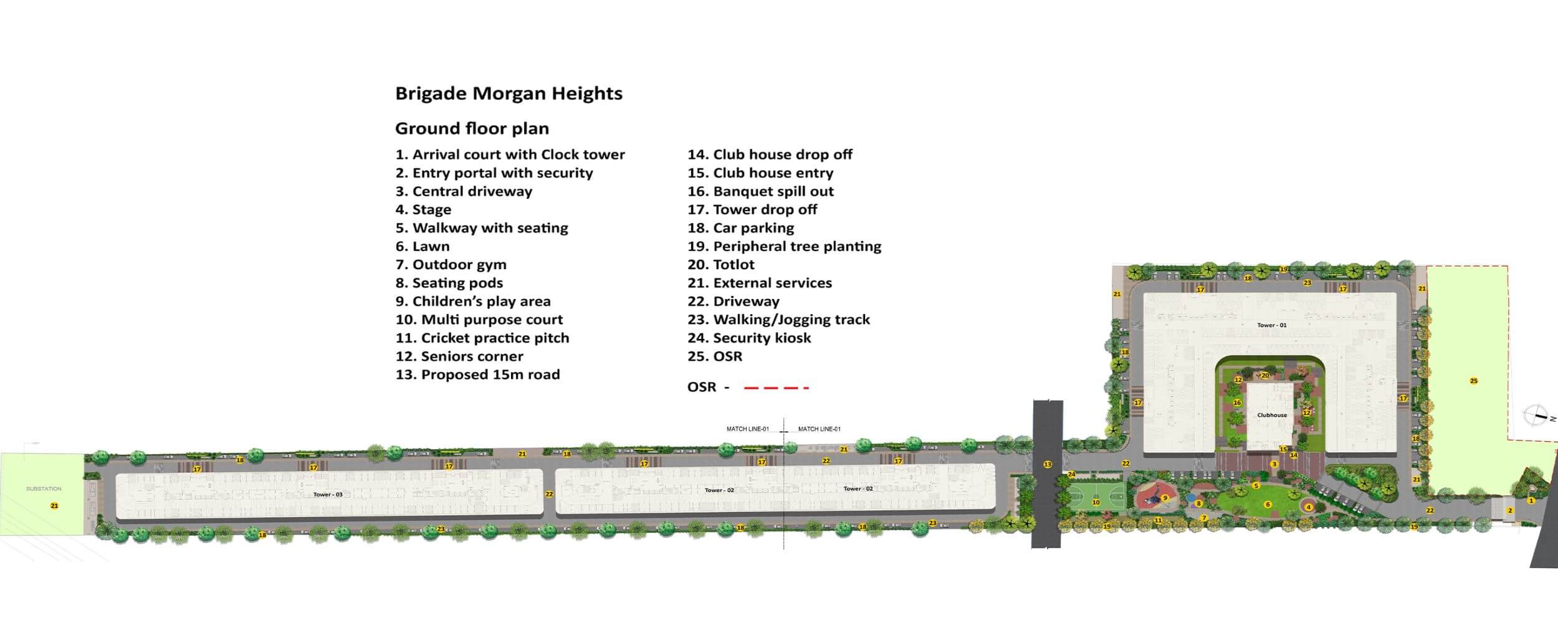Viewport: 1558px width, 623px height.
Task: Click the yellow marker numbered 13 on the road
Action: pyautogui.click(x=1048, y=464)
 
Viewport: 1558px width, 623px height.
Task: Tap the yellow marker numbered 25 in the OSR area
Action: pyautogui.click(x=1473, y=381)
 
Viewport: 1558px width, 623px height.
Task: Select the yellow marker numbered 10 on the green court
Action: pyautogui.click(x=1096, y=502)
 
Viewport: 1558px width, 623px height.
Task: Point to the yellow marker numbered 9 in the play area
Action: pyautogui.click(x=1165, y=498)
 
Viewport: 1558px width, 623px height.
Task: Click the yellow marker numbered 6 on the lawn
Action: pyautogui.click(x=1268, y=505)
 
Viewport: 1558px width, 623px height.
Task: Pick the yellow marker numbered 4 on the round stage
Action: pyautogui.click(x=1309, y=507)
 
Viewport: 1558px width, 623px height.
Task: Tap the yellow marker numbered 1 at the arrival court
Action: pyautogui.click(x=1531, y=500)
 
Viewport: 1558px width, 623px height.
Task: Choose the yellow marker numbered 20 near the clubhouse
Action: pyautogui.click(x=1265, y=376)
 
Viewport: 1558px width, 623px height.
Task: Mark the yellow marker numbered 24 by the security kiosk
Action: pyautogui.click(x=1072, y=475)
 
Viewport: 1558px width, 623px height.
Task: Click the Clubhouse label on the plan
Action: pyautogui.click(x=1272, y=415)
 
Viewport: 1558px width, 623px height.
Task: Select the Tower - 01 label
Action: pyautogui.click(x=1271, y=325)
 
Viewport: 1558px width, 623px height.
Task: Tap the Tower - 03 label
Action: pyautogui.click(x=328, y=495)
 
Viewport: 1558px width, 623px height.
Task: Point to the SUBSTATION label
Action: pyautogui.click(x=44, y=489)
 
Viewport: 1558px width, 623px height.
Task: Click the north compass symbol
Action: pyautogui.click(x=1536, y=416)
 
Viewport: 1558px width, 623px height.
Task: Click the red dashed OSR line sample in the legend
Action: pyautogui.click(x=777, y=388)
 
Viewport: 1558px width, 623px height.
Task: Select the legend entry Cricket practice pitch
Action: pyautogui.click(x=482, y=338)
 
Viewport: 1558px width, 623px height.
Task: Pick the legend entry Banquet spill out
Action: pyautogui.click(x=760, y=191)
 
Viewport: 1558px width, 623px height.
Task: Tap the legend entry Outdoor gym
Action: pyautogui.click(x=451, y=265)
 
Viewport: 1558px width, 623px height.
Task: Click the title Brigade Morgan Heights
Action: pyautogui.click(x=509, y=93)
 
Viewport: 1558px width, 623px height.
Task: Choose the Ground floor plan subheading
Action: pyautogui.click(x=472, y=128)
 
